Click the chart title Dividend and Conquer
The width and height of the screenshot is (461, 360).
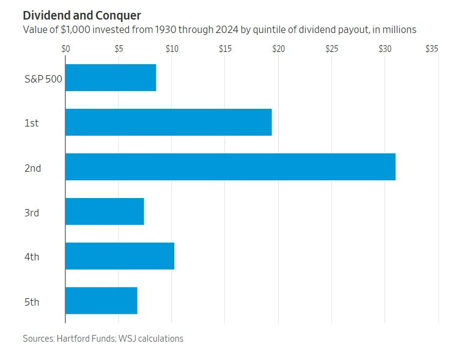82,15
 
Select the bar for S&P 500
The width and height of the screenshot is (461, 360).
111,78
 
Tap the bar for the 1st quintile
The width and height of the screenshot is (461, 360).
168,122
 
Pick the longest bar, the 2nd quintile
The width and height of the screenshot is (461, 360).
230,167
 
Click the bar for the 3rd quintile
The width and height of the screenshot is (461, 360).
105,211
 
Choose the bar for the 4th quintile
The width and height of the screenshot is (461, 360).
120,256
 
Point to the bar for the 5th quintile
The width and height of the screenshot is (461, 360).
101,301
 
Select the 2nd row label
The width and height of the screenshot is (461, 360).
32,167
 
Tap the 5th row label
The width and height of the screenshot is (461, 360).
32,301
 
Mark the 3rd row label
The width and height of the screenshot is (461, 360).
32,212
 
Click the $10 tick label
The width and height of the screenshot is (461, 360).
172,48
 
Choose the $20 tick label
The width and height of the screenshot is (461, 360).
278,48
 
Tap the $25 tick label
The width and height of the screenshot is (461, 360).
331,48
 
